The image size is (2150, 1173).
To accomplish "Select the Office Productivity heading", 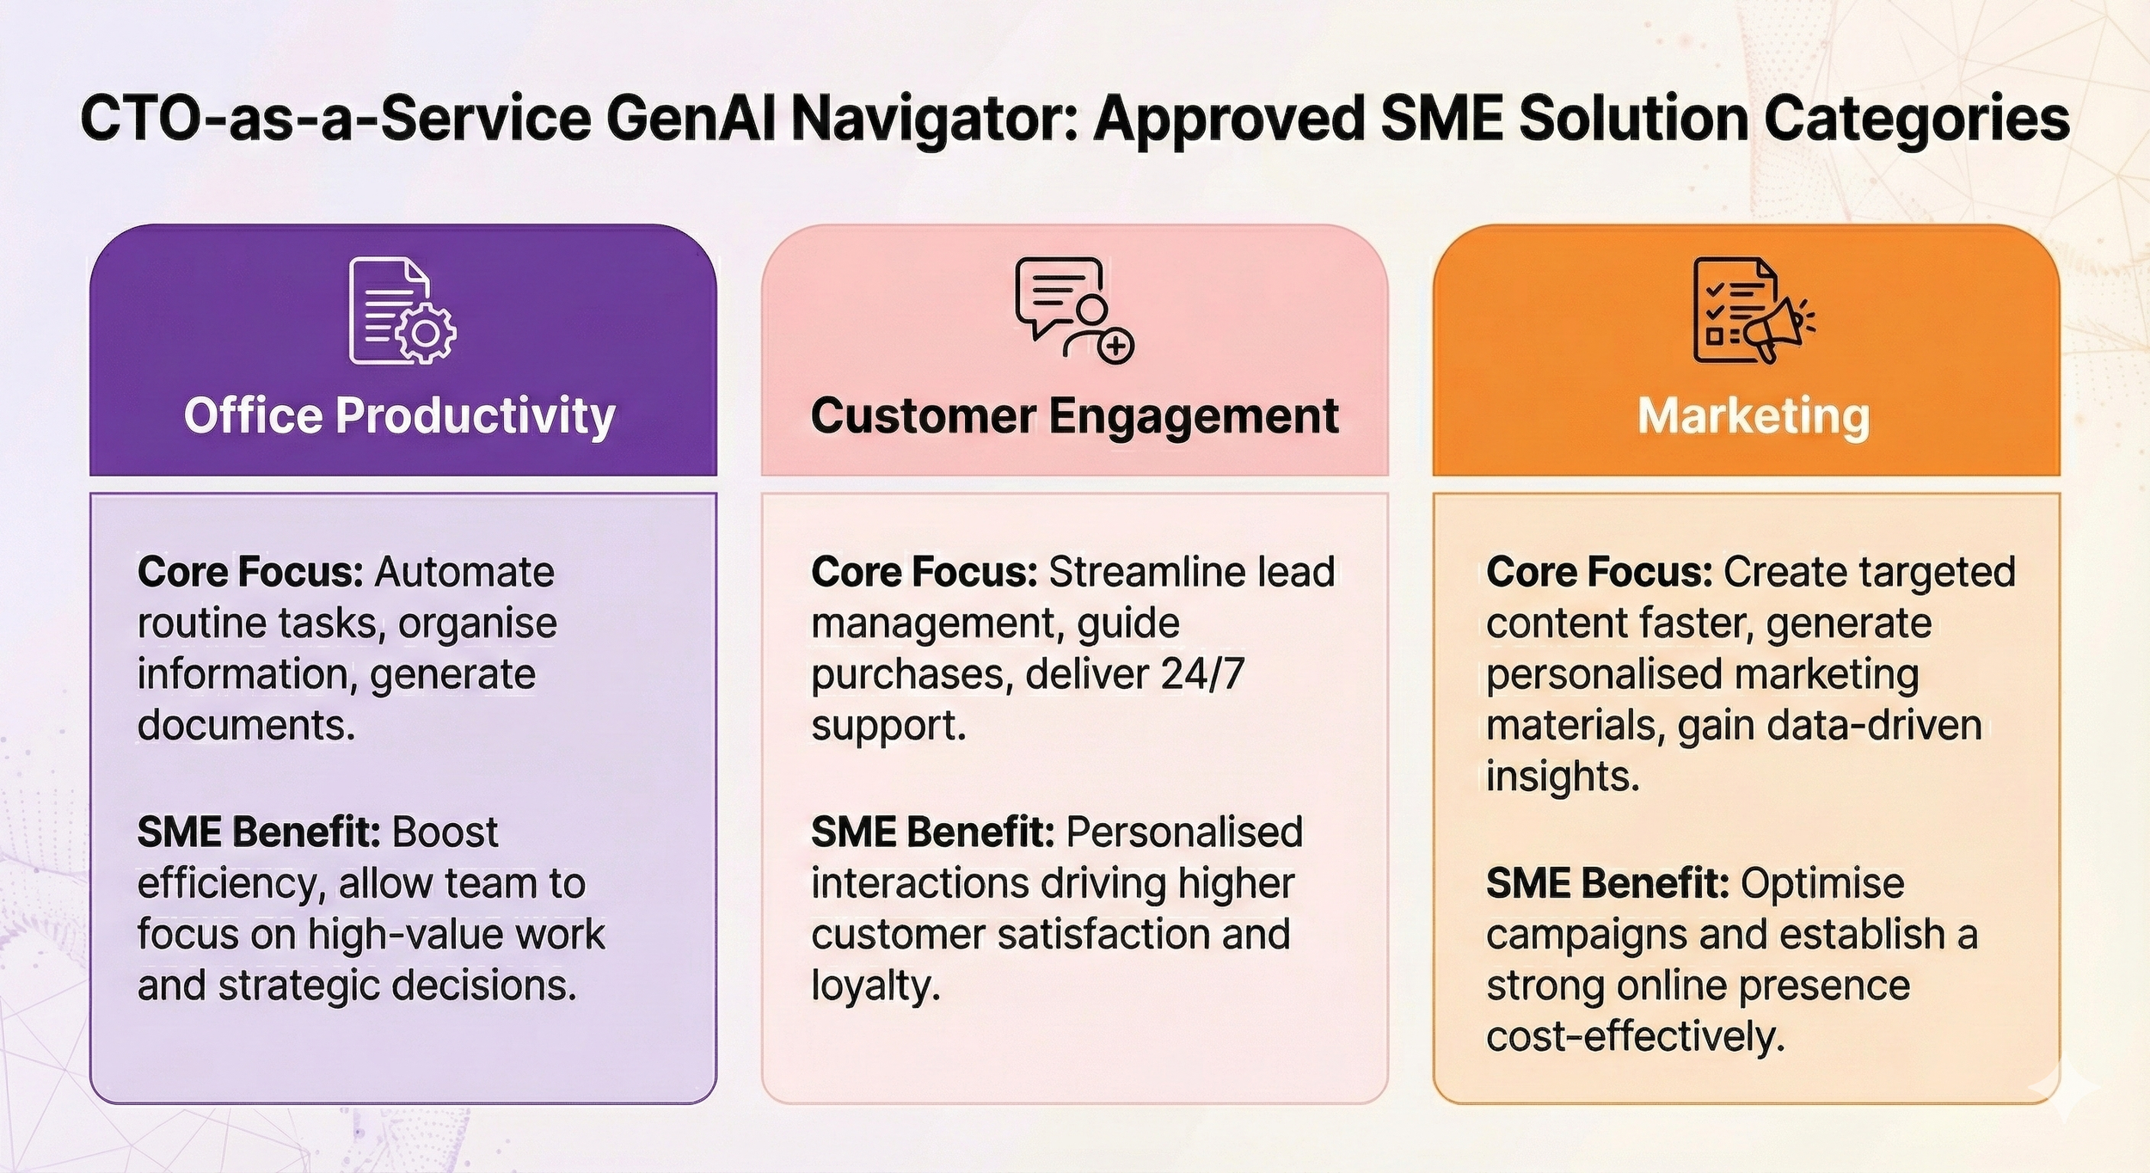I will tap(399, 416).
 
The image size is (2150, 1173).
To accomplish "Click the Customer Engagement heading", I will tap(1074, 416).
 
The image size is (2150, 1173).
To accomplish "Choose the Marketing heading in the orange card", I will tap(1753, 416).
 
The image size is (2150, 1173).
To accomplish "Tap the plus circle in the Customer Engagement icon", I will tap(1116, 346).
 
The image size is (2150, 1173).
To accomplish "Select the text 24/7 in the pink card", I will tap(1202, 674).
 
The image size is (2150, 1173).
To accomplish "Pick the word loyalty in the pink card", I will tap(875, 986).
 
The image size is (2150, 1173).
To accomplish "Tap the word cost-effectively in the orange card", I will tap(1635, 1037).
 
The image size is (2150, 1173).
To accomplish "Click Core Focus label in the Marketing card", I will tap(1599, 572).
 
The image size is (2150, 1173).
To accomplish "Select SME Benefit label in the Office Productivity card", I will tap(259, 832).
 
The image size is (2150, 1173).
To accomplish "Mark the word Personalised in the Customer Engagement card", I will tap(1184, 832).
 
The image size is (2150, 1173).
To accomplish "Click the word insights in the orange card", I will tap(1562, 777).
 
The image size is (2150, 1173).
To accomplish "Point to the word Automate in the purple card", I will tap(464, 572).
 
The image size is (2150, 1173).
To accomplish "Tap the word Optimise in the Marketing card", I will tap(1822, 883).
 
